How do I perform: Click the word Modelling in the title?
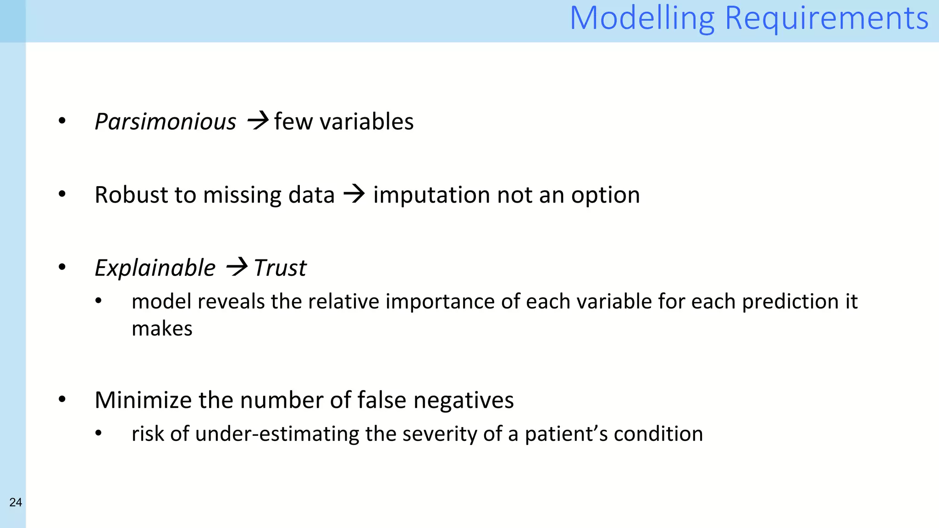click(x=642, y=18)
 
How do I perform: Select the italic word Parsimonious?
click(x=165, y=122)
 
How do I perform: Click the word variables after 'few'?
click(x=366, y=122)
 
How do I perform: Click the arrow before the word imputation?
click(x=354, y=194)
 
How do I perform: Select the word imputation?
click(x=431, y=195)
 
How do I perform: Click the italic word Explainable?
click(x=155, y=268)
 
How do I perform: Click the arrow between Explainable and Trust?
click(x=237, y=267)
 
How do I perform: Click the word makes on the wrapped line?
click(x=162, y=329)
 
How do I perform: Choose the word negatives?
click(x=464, y=400)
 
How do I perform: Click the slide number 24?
click(x=16, y=502)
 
